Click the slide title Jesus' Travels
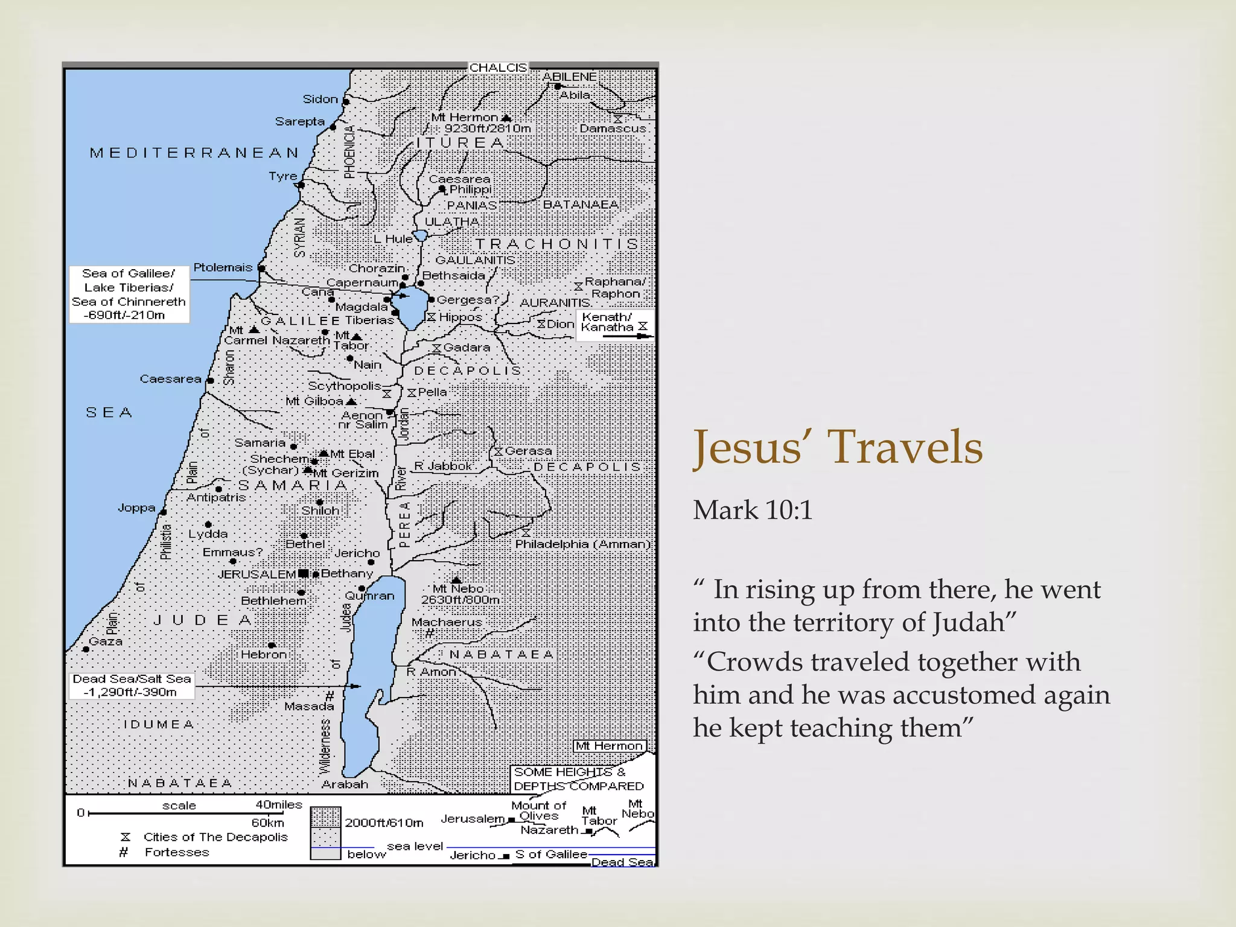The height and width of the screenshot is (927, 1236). (838, 447)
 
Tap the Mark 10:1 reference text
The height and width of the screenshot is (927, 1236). (753, 511)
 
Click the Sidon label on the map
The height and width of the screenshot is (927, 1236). (320, 99)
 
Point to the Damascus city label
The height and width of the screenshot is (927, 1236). (613, 129)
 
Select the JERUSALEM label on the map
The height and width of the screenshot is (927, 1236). (256, 574)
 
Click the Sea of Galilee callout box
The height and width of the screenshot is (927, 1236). (129, 294)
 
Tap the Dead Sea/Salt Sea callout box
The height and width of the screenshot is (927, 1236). (132, 686)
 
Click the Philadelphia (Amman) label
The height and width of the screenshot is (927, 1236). (582, 544)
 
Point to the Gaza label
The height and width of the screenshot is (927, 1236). (106, 642)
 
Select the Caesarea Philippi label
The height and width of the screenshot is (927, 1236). (461, 184)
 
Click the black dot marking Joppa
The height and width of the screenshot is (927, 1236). (164, 512)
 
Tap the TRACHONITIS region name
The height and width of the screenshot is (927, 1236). (556, 244)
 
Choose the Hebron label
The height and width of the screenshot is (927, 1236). (264, 654)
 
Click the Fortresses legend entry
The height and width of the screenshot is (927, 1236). (176, 852)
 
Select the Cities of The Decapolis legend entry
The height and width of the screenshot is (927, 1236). (215, 837)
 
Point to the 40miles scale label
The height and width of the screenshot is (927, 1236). (278, 804)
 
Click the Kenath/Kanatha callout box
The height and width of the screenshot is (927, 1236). (614, 325)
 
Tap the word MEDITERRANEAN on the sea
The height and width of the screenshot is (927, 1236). (194, 153)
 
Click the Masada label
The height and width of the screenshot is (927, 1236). (309, 706)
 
